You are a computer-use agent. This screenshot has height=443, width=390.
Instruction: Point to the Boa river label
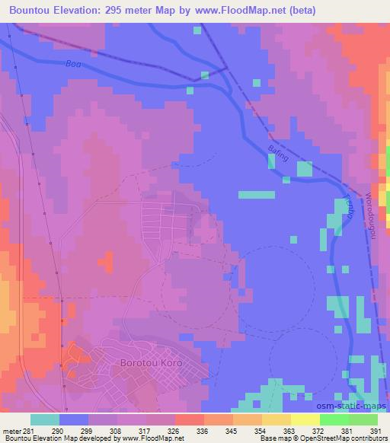(72, 64)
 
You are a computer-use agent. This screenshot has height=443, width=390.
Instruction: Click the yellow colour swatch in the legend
(305, 419)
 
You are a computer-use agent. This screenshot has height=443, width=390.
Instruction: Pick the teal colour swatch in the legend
(45, 419)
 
